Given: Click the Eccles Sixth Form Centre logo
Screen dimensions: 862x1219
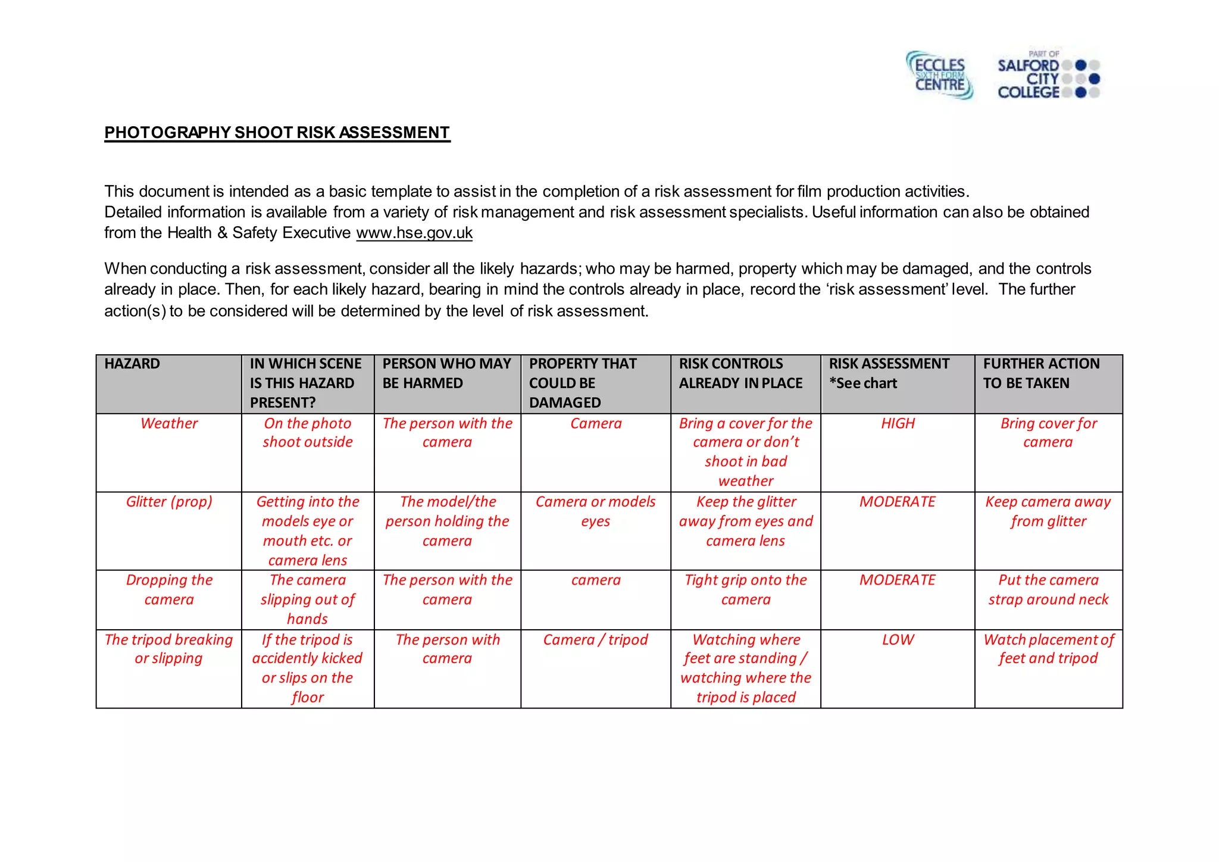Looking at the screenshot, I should (x=939, y=75).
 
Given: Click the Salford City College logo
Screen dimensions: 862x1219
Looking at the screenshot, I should (x=1048, y=75).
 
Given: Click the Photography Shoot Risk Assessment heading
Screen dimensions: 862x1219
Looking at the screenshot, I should (x=277, y=132).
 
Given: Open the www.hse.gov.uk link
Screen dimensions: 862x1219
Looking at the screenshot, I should (x=414, y=233).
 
